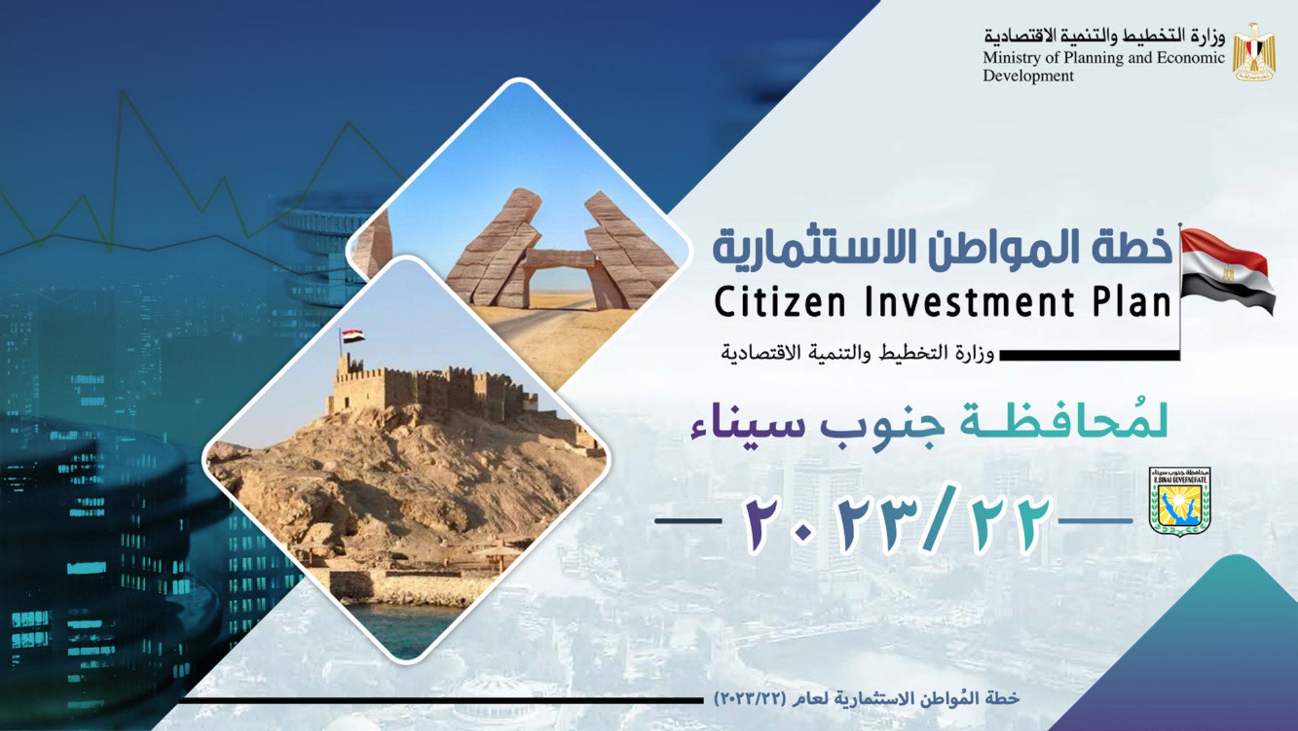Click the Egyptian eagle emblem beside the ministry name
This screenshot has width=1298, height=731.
(x=1254, y=53)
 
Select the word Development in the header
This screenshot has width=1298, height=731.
(x=1028, y=77)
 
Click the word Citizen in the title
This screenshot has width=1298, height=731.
(x=780, y=302)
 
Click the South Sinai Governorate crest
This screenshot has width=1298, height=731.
(x=1180, y=501)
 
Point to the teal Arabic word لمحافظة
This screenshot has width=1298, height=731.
(x=1064, y=419)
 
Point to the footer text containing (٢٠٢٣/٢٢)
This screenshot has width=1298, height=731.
(x=866, y=699)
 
